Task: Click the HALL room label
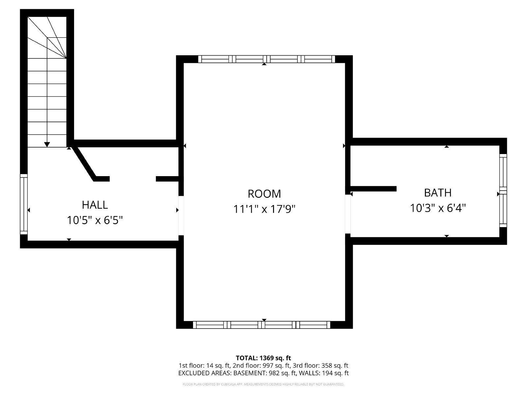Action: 95,205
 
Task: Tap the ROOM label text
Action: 264,194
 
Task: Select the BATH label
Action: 438,193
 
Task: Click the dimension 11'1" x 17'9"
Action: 264,209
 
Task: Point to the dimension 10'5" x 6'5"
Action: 95,220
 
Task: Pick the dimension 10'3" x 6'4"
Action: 438,208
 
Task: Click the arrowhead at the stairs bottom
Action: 47,145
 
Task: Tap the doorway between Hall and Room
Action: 181,216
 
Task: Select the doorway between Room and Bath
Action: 347,214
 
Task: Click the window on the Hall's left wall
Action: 24,204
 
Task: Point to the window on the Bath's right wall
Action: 503,191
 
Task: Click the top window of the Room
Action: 266,59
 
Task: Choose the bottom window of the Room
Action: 262,325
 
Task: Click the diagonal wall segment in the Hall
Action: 84,163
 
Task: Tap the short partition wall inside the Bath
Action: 373,189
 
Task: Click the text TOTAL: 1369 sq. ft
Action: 263,358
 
